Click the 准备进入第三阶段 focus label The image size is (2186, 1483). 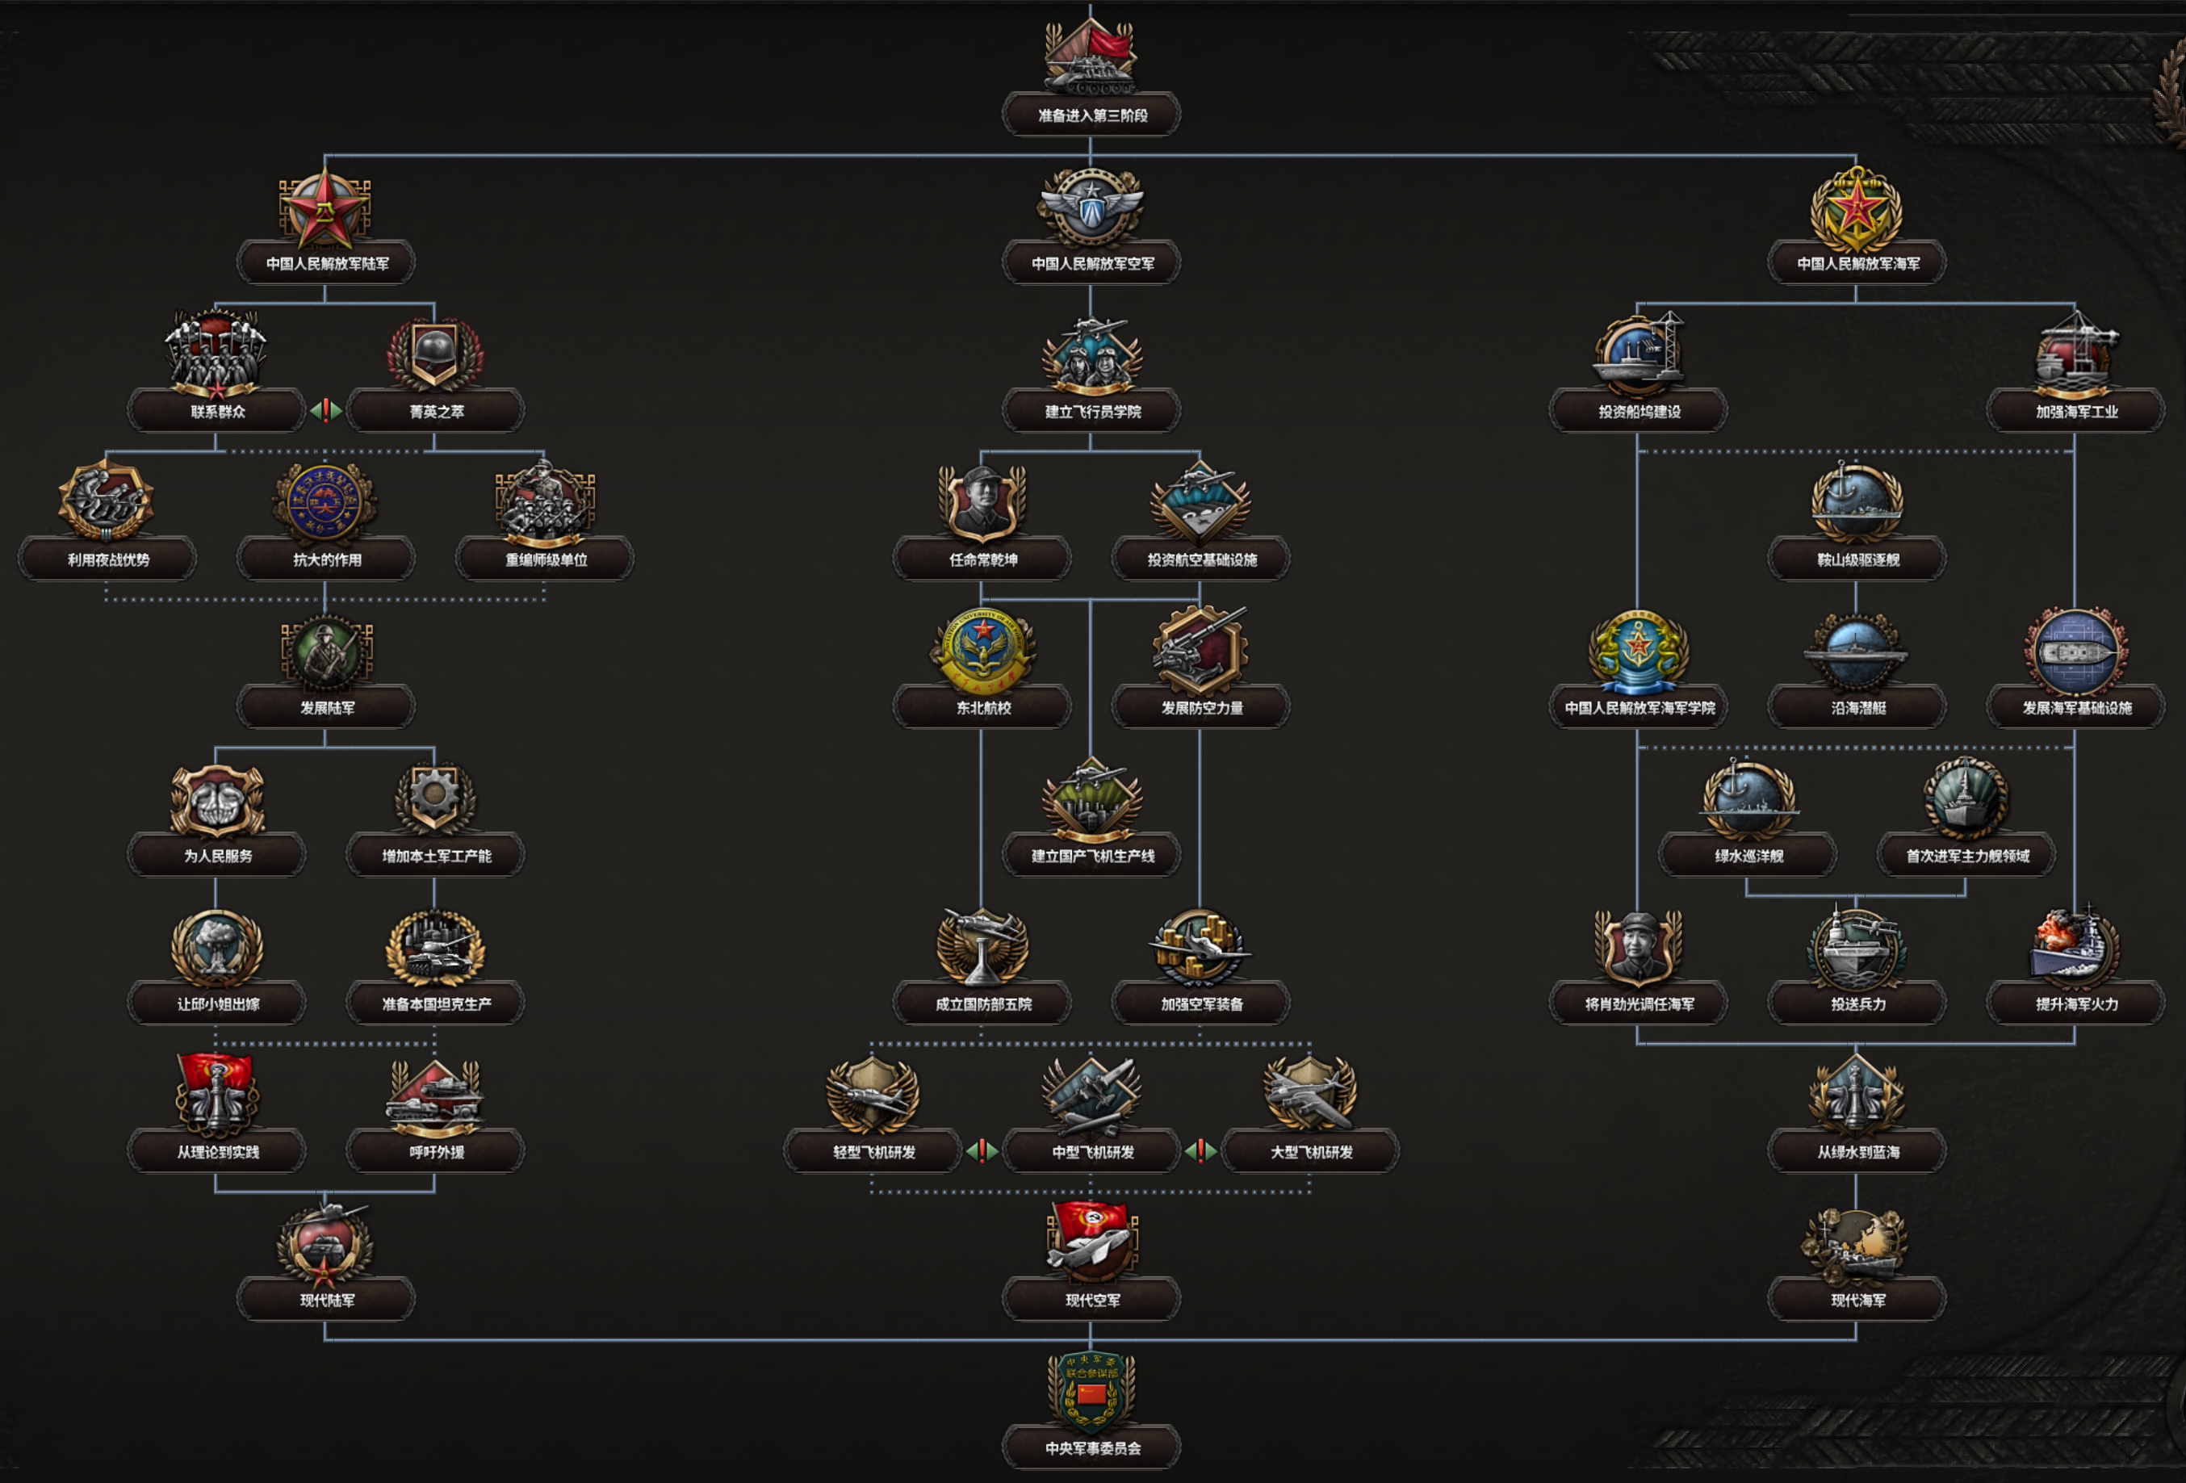[1091, 115]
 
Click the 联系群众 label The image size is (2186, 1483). [217, 412]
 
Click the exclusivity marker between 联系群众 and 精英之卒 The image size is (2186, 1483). [325, 411]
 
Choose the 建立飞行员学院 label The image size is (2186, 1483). [1091, 412]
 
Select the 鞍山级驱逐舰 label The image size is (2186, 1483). [1857, 559]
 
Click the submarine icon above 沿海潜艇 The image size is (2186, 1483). [1856, 651]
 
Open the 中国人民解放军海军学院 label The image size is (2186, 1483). [1639, 708]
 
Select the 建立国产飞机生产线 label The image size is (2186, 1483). [1091, 856]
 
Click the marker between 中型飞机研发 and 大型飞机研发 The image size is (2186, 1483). [1200, 1150]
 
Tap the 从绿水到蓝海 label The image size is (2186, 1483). [1857, 1152]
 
